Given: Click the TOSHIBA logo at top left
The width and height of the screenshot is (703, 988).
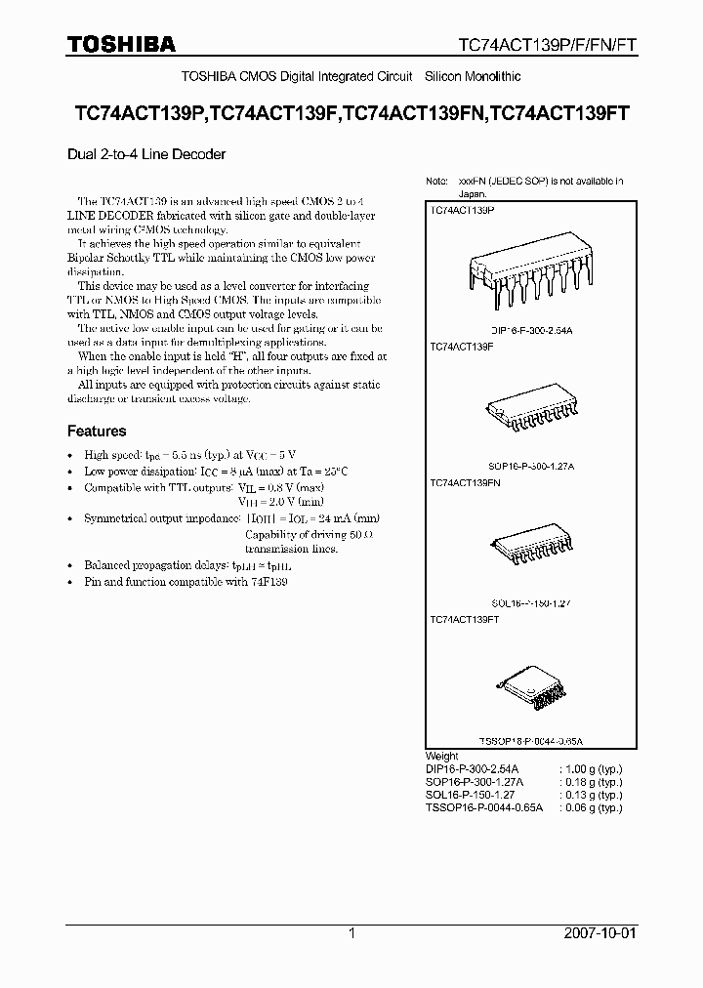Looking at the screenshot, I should [x=121, y=44].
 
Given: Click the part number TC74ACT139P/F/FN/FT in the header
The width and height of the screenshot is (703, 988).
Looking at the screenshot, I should [x=548, y=45].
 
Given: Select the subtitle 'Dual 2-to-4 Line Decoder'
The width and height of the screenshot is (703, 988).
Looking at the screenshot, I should [x=146, y=154].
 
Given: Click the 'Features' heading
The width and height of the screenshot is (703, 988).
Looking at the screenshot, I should [x=97, y=431].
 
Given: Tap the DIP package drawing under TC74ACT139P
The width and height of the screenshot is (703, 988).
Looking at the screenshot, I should [x=531, y=275].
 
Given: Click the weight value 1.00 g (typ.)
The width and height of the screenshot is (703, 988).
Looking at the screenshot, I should [x=590, y=769].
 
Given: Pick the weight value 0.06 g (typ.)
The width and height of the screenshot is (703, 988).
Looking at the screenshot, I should [x=590, y=808].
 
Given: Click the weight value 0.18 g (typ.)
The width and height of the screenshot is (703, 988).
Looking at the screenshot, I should [x=590, y=782].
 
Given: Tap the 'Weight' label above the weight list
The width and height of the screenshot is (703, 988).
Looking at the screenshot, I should [x=442, y=757].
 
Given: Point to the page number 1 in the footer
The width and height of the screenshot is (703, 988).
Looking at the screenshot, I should [x=351, y=933].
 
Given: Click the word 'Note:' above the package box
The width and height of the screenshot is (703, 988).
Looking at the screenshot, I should [x=436, y=182].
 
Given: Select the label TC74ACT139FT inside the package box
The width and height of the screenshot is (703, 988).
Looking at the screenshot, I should [x=465, y=620].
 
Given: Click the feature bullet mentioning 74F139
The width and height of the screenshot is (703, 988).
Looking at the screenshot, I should [x=186, y=582].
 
